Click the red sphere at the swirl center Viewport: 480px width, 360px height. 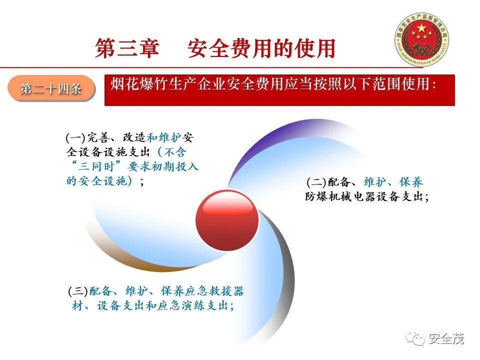point(227,221)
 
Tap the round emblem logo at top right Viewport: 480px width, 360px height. point(421,40)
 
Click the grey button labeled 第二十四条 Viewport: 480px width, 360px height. point(51,89)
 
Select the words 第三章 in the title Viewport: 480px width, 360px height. point(127,48)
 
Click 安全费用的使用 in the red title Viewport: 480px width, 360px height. point(260,48)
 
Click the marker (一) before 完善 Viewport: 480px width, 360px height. point(75,137)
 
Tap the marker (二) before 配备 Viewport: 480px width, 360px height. point(316,182)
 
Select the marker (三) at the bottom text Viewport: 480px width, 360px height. point(78,291)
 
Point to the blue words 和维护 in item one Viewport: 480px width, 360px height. point(164,137)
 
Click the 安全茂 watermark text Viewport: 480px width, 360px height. point(446,339)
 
